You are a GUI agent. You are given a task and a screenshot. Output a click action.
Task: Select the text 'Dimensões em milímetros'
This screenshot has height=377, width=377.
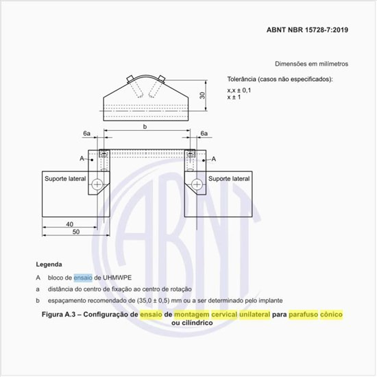(x=311, y=63)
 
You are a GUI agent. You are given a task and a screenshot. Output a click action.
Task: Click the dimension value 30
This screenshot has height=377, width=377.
(x=202, y=95)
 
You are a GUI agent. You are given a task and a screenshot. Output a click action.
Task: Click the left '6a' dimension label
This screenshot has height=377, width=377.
(x=86, y=133)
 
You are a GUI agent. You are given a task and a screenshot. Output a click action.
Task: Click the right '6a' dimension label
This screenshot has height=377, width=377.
(x=204, y=133)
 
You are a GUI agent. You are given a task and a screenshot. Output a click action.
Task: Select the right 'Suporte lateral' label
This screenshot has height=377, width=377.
(x=230, y=178)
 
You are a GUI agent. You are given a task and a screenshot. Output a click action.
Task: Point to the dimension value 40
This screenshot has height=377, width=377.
(x=70, y=224)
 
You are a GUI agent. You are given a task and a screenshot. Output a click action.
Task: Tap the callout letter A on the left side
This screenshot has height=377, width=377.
(x=82, y=158)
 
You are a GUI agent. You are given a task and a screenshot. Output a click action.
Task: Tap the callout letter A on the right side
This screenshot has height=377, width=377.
(x=213, y=158)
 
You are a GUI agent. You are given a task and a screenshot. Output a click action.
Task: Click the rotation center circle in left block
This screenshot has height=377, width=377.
(x=99, y=184)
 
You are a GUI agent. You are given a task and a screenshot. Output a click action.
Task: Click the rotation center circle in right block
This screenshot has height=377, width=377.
(x=197, y=184)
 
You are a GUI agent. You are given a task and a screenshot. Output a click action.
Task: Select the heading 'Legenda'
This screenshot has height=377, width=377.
(x=49, y=264)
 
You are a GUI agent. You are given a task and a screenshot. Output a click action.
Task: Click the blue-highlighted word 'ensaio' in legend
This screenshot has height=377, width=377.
(x=82, y=278)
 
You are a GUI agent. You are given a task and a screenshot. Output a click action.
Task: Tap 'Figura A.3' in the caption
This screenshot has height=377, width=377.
(x=60, y=314)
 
